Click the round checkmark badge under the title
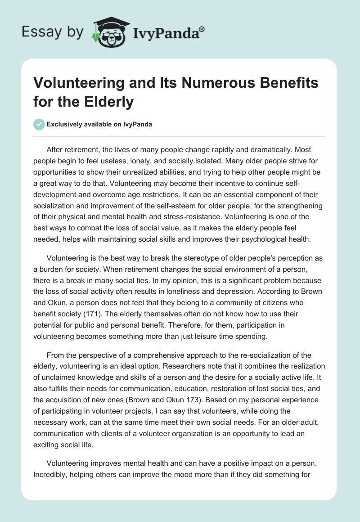39,124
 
